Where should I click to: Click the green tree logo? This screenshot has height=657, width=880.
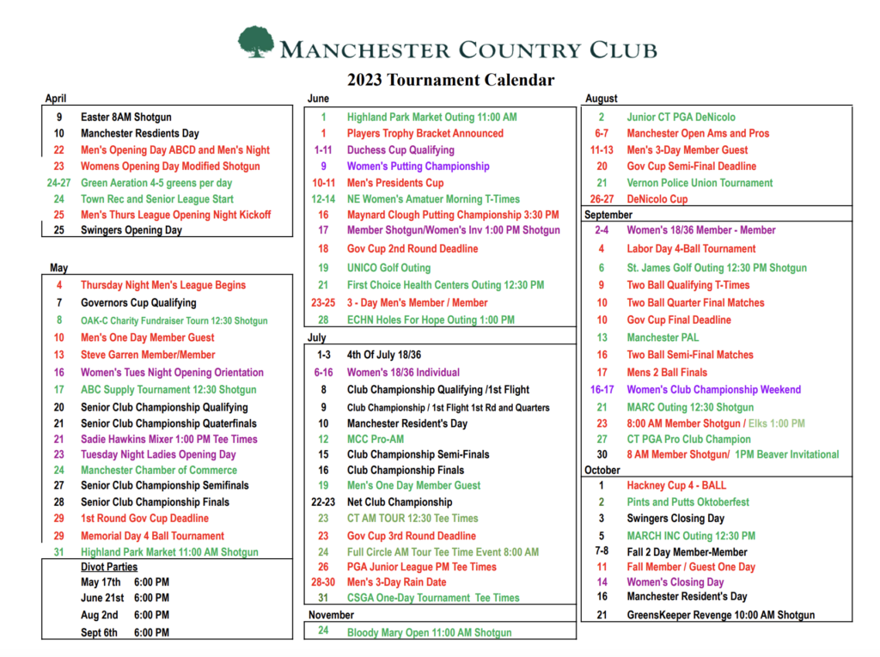click(x=256, y=42)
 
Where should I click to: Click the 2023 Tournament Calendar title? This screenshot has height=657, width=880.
click(x=450, y=80)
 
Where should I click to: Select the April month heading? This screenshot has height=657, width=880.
click(x=56, y=99)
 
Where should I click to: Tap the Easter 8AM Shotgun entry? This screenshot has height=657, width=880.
click(x=126, y=117)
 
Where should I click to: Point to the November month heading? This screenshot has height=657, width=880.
click(x=331, y=615)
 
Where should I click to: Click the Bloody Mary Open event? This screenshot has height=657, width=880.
click(x=429, y=633)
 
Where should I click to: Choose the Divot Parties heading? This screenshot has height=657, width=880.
click(x=109, y=568)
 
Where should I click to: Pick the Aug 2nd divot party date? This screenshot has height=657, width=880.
click(x=101, y=615)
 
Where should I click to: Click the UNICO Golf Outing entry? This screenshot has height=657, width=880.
click(x=388, y=268)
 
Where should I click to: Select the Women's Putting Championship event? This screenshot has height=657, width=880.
click(x=418, y=166)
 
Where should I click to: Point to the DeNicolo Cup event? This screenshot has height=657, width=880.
click(x=657, y=199)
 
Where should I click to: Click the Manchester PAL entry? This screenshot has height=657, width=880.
click(x=663, y=338)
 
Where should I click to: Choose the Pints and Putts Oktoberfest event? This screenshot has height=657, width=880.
click(x=687, y=502)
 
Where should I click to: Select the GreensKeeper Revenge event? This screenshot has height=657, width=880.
click(x=720, y=615)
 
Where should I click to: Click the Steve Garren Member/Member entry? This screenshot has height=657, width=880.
click(x=148, y=355)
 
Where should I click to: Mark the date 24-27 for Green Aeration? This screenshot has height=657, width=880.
click(x=59, y=183)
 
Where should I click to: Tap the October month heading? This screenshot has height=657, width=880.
click(x=602, y=470)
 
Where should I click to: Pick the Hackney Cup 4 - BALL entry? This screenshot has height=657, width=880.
click(x=676, y=485)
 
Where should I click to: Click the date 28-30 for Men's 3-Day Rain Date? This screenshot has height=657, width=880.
click(x=323, y=582)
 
